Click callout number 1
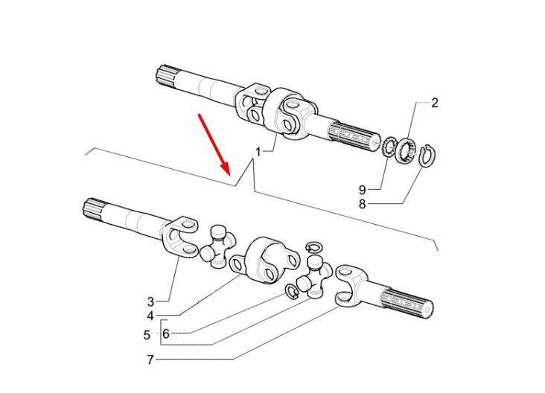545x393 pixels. tap(257, 151)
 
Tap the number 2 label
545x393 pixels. tap(436, 103)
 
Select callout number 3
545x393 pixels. tap(150, 301)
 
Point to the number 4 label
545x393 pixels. tap(150, 316)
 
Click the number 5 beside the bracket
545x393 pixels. tap(147, 334)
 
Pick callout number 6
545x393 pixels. tap(165, 333)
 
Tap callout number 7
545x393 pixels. tap(150, 360)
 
